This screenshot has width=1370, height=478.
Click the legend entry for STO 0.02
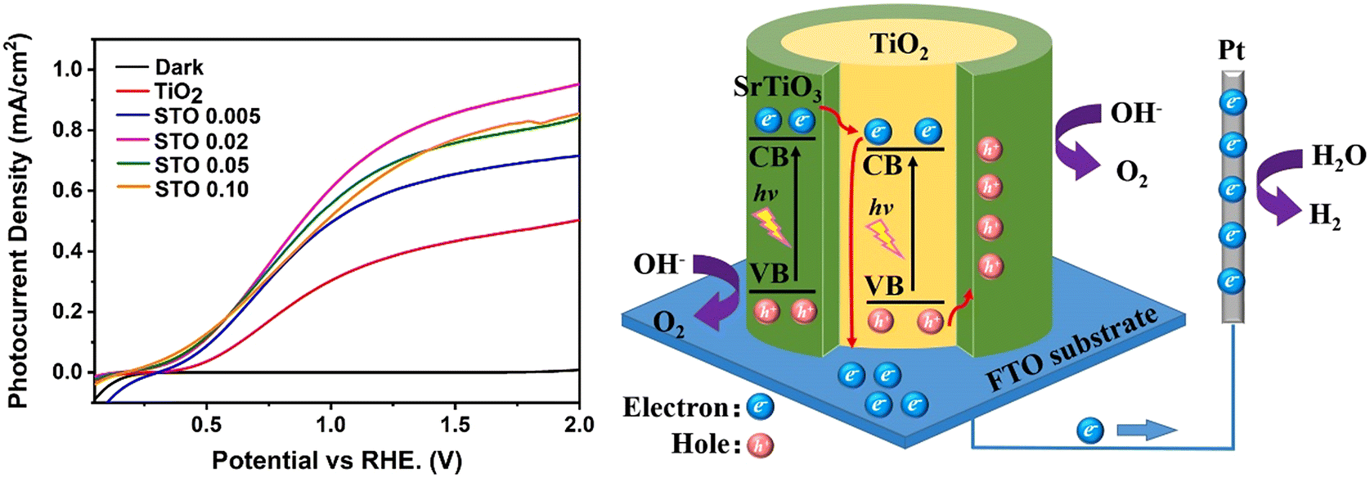click(x=201, y=142)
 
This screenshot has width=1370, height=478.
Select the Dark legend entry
click(x=179, y=68)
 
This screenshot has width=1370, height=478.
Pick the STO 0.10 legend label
click(x=201, y=190)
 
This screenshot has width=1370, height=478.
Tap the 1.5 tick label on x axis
click(x=455, y=425)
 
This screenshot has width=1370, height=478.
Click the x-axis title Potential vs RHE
click(x=336, y=460)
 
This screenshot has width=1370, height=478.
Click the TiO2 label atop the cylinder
click(x=898, y=45)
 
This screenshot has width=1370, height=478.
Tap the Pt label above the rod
click(x=1231, y=51)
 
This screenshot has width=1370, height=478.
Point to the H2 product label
click(x=1325, y=216)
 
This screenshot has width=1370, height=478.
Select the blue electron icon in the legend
click(x=760, y=407)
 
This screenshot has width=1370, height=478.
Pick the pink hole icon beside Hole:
click(x=760, y=444)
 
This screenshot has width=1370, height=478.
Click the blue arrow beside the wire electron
click(x=1146, y=431)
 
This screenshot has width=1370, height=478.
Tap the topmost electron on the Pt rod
click(x=1232, y=103)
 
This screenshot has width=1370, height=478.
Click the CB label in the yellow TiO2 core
click(x=882, y=165)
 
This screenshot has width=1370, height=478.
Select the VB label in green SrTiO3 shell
click(x=769, y=273)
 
